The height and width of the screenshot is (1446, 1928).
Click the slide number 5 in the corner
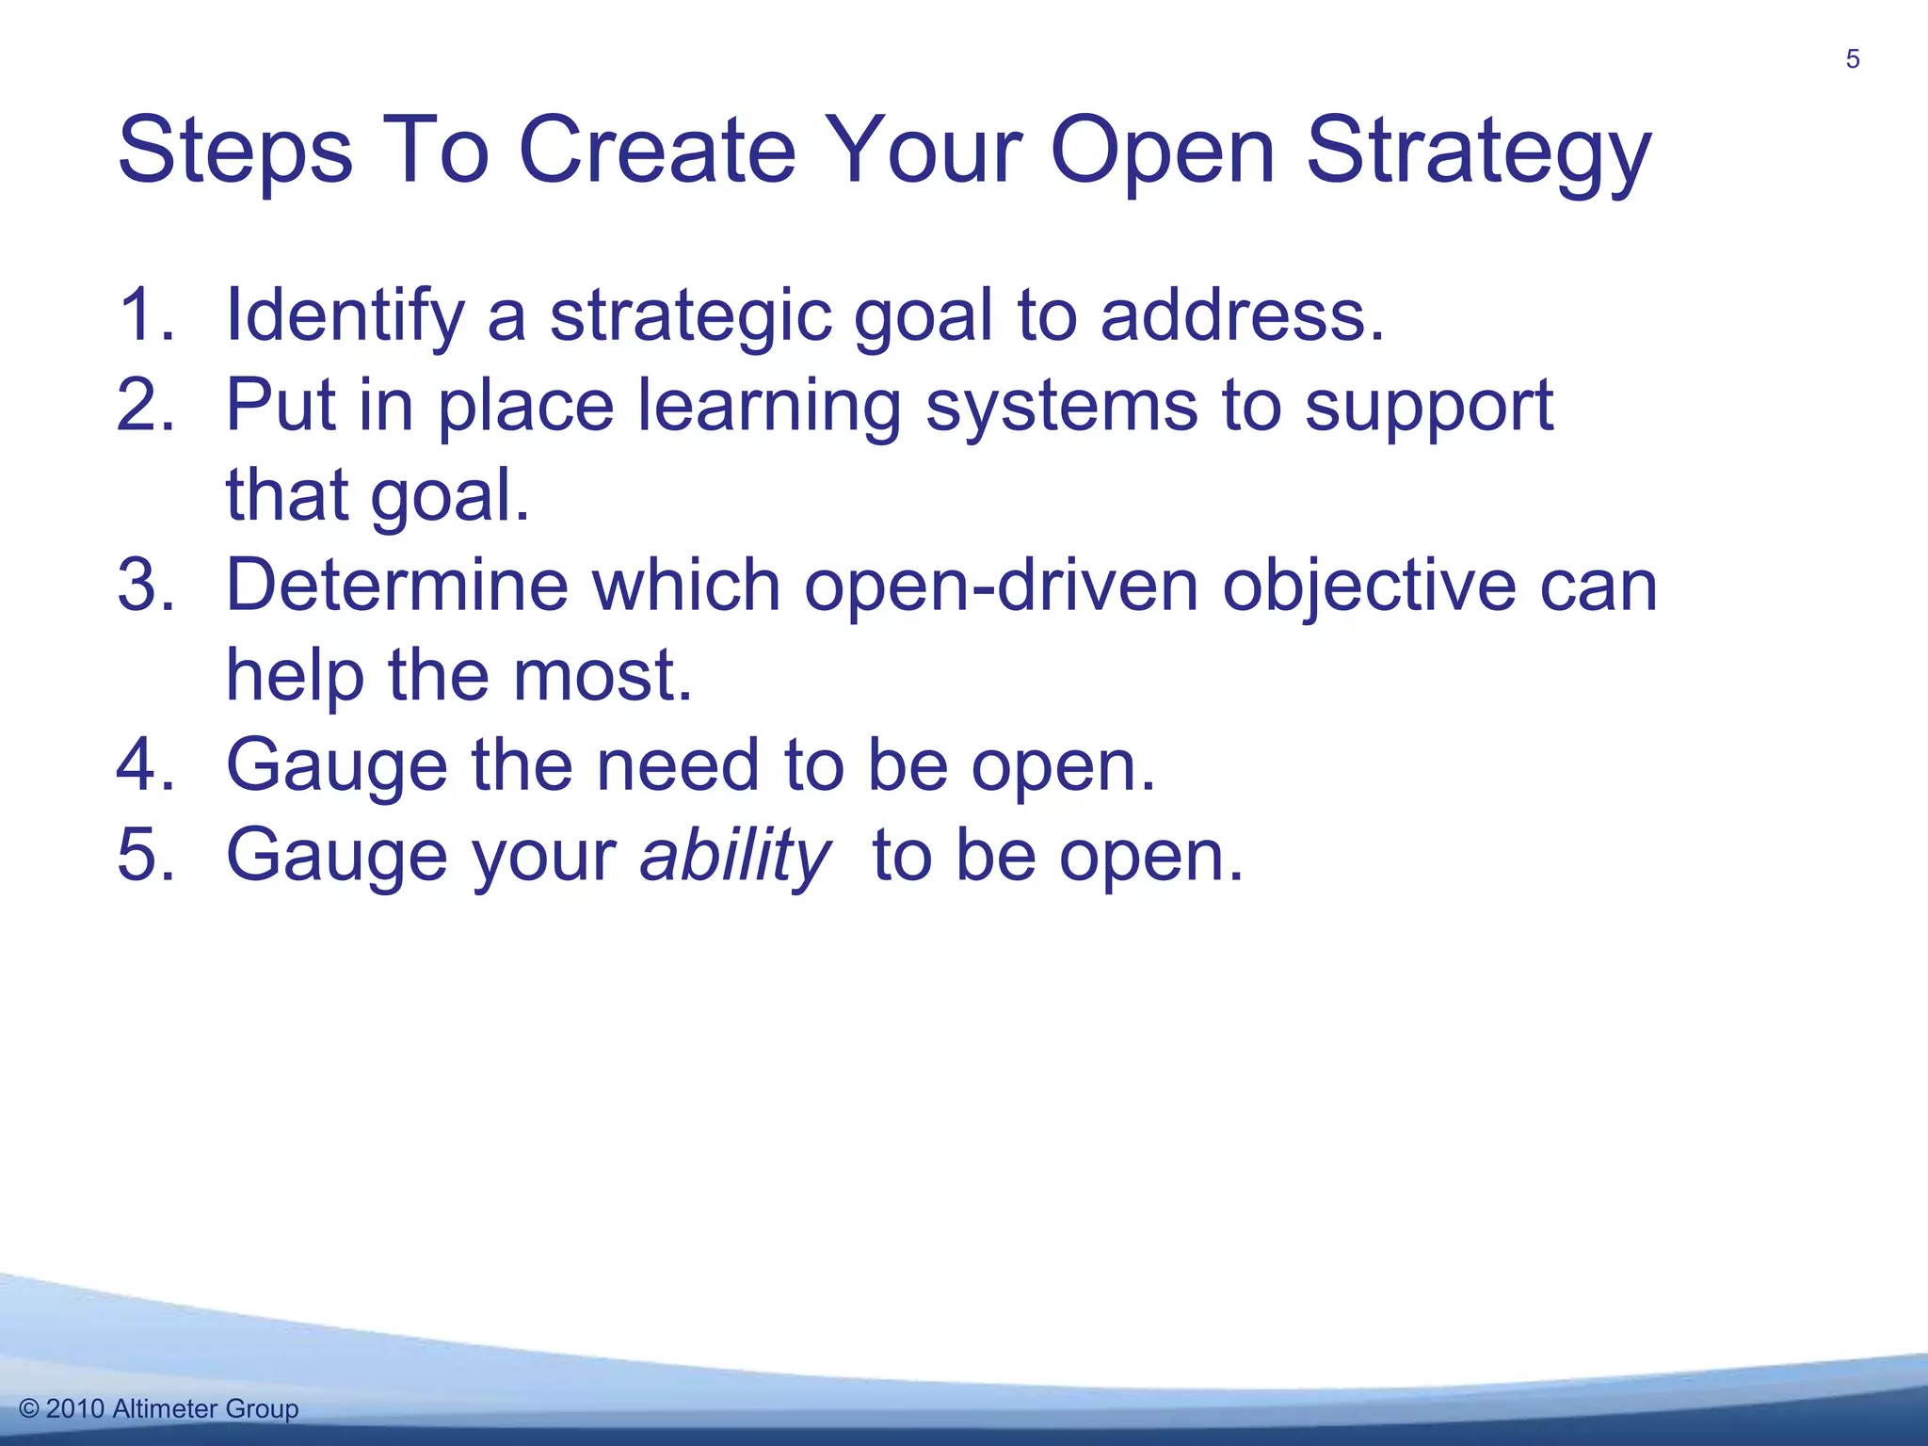(x=1852, y=59)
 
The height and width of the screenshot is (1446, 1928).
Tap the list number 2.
(x=146, y=405)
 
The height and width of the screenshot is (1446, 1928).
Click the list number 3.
(x=146, y=586)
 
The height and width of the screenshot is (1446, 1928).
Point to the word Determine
(x=396, y=586)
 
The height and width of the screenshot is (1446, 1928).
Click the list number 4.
(x=146, y=765)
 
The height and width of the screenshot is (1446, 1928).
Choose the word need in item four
(x=678, y=765)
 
